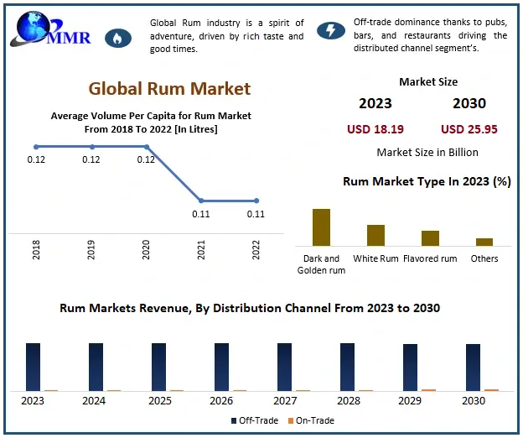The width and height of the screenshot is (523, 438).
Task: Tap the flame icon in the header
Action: (x=117, y=37)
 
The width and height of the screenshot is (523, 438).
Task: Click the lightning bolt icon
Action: (x=330, y=31)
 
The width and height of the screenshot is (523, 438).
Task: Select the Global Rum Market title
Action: (x=169, y=88)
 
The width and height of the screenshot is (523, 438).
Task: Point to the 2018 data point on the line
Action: (x=36, y=147)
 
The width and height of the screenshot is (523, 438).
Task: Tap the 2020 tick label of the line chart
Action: (x=146, y=249)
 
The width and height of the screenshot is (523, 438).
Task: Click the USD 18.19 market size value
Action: (x=375, y=129)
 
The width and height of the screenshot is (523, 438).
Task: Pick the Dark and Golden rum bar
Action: (x=322, y=227)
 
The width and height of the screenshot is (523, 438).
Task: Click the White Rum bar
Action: (x=375, y=234)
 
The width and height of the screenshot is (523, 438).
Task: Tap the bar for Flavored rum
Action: (x=430, y=237)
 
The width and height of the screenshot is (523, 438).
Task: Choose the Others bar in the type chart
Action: (x=484, y=241)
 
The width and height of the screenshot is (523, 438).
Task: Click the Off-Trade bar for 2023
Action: (x=33, y=367)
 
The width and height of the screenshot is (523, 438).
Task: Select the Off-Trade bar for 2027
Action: (x=284, y=367)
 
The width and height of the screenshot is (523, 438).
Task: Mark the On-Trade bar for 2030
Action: (x=491, y=389)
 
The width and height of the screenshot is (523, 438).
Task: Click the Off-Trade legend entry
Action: (x=254, y=420)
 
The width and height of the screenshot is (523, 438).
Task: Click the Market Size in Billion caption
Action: (x=427, y=152)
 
